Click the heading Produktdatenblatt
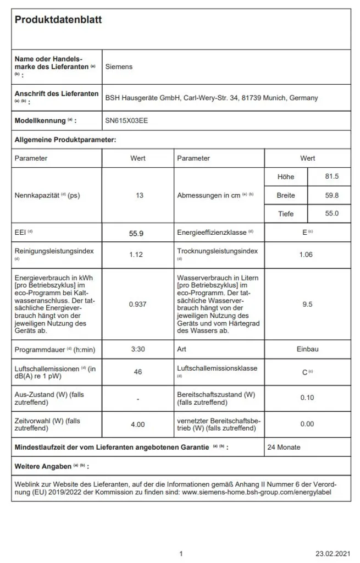pos(58,20)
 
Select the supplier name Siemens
pos(119,67)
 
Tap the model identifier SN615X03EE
pos(126,120)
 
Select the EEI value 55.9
pos(136,233)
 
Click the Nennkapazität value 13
pos(138,196)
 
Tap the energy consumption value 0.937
pos(137,303)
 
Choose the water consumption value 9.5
pos(308,303)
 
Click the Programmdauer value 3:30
pos(137,349)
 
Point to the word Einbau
pos(308,349)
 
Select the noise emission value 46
pos(138,372)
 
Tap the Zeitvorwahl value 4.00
pos(137,424)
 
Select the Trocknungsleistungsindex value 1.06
pos(308,255)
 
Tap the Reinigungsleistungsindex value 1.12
pos(137,255)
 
